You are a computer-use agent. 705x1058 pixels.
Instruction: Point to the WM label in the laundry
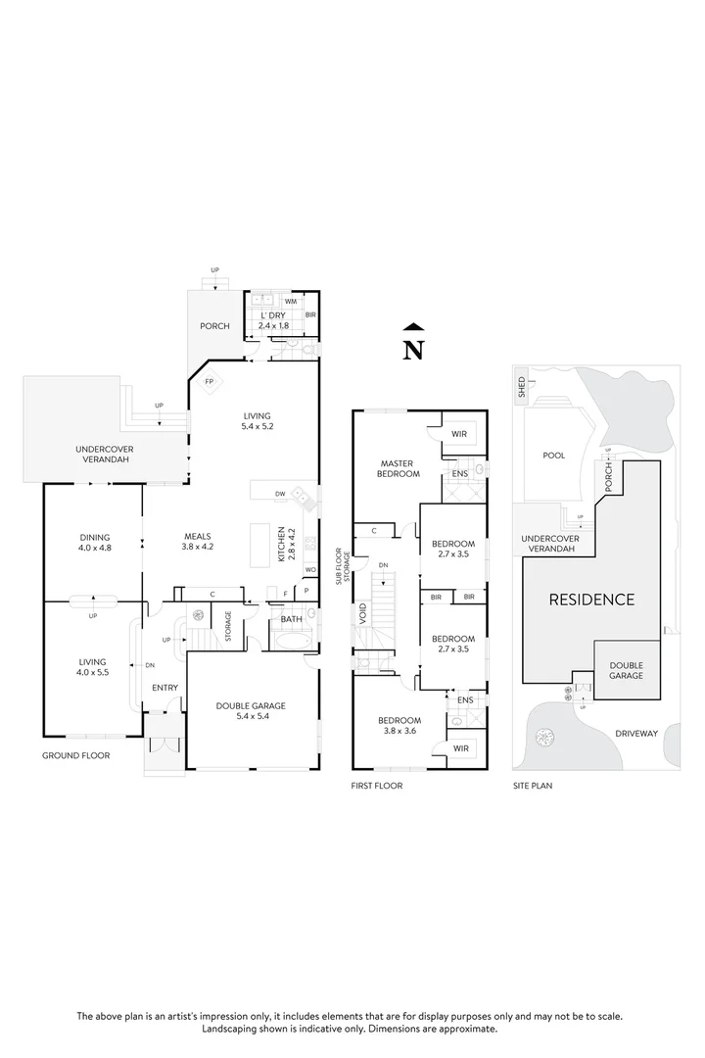coord(290,302)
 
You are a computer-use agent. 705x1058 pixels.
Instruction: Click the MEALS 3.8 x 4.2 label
coord(199,541)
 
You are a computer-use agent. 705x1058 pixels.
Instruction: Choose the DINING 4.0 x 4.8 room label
coord(95,541)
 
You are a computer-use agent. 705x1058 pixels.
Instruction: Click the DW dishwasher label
coord(280,495)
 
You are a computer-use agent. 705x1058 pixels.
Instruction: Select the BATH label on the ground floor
coord(291,619)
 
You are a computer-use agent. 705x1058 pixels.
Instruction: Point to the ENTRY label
coord(164,687)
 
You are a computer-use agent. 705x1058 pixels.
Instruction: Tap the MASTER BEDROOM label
coord(399,467)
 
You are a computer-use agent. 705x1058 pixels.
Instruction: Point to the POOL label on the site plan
coord(553,456)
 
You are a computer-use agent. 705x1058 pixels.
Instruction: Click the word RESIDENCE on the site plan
coord(590,600)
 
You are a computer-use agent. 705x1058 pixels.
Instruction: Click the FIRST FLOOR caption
coord(376,785)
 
